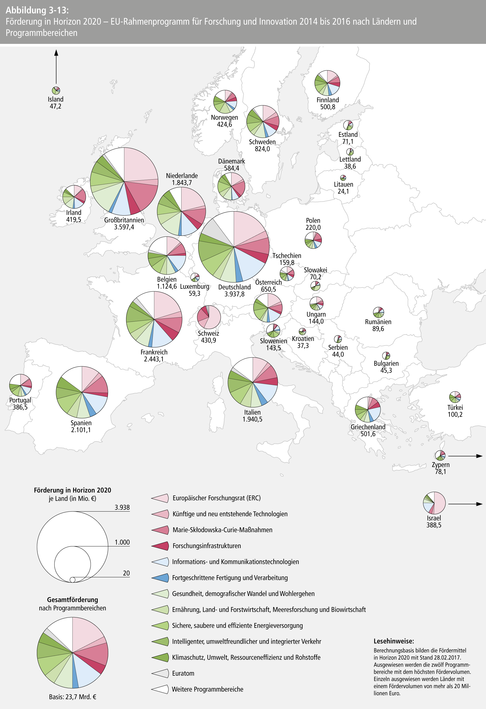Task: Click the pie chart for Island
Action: click(x=56, y=90)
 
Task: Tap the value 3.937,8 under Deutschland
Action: click(x=234, y=294)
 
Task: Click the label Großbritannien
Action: click(x=124, y=220)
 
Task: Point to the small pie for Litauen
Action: click(x=343, y=178)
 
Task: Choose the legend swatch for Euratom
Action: click(x=160, y=673)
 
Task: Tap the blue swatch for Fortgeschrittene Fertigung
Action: click(x=160, y=577)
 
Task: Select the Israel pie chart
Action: click(x=434, y=503)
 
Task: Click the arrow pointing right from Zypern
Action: click(x=465, y=456)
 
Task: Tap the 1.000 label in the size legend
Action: click(x=122, y=542)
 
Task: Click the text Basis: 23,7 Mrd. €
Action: click(x=73, y=697)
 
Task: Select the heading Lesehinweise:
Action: click(x=393, y=641)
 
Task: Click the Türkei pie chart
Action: click(x=455, y=397)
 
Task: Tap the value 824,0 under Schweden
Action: click(x=262, y=149)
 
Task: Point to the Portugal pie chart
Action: click(x=20, y=385)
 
